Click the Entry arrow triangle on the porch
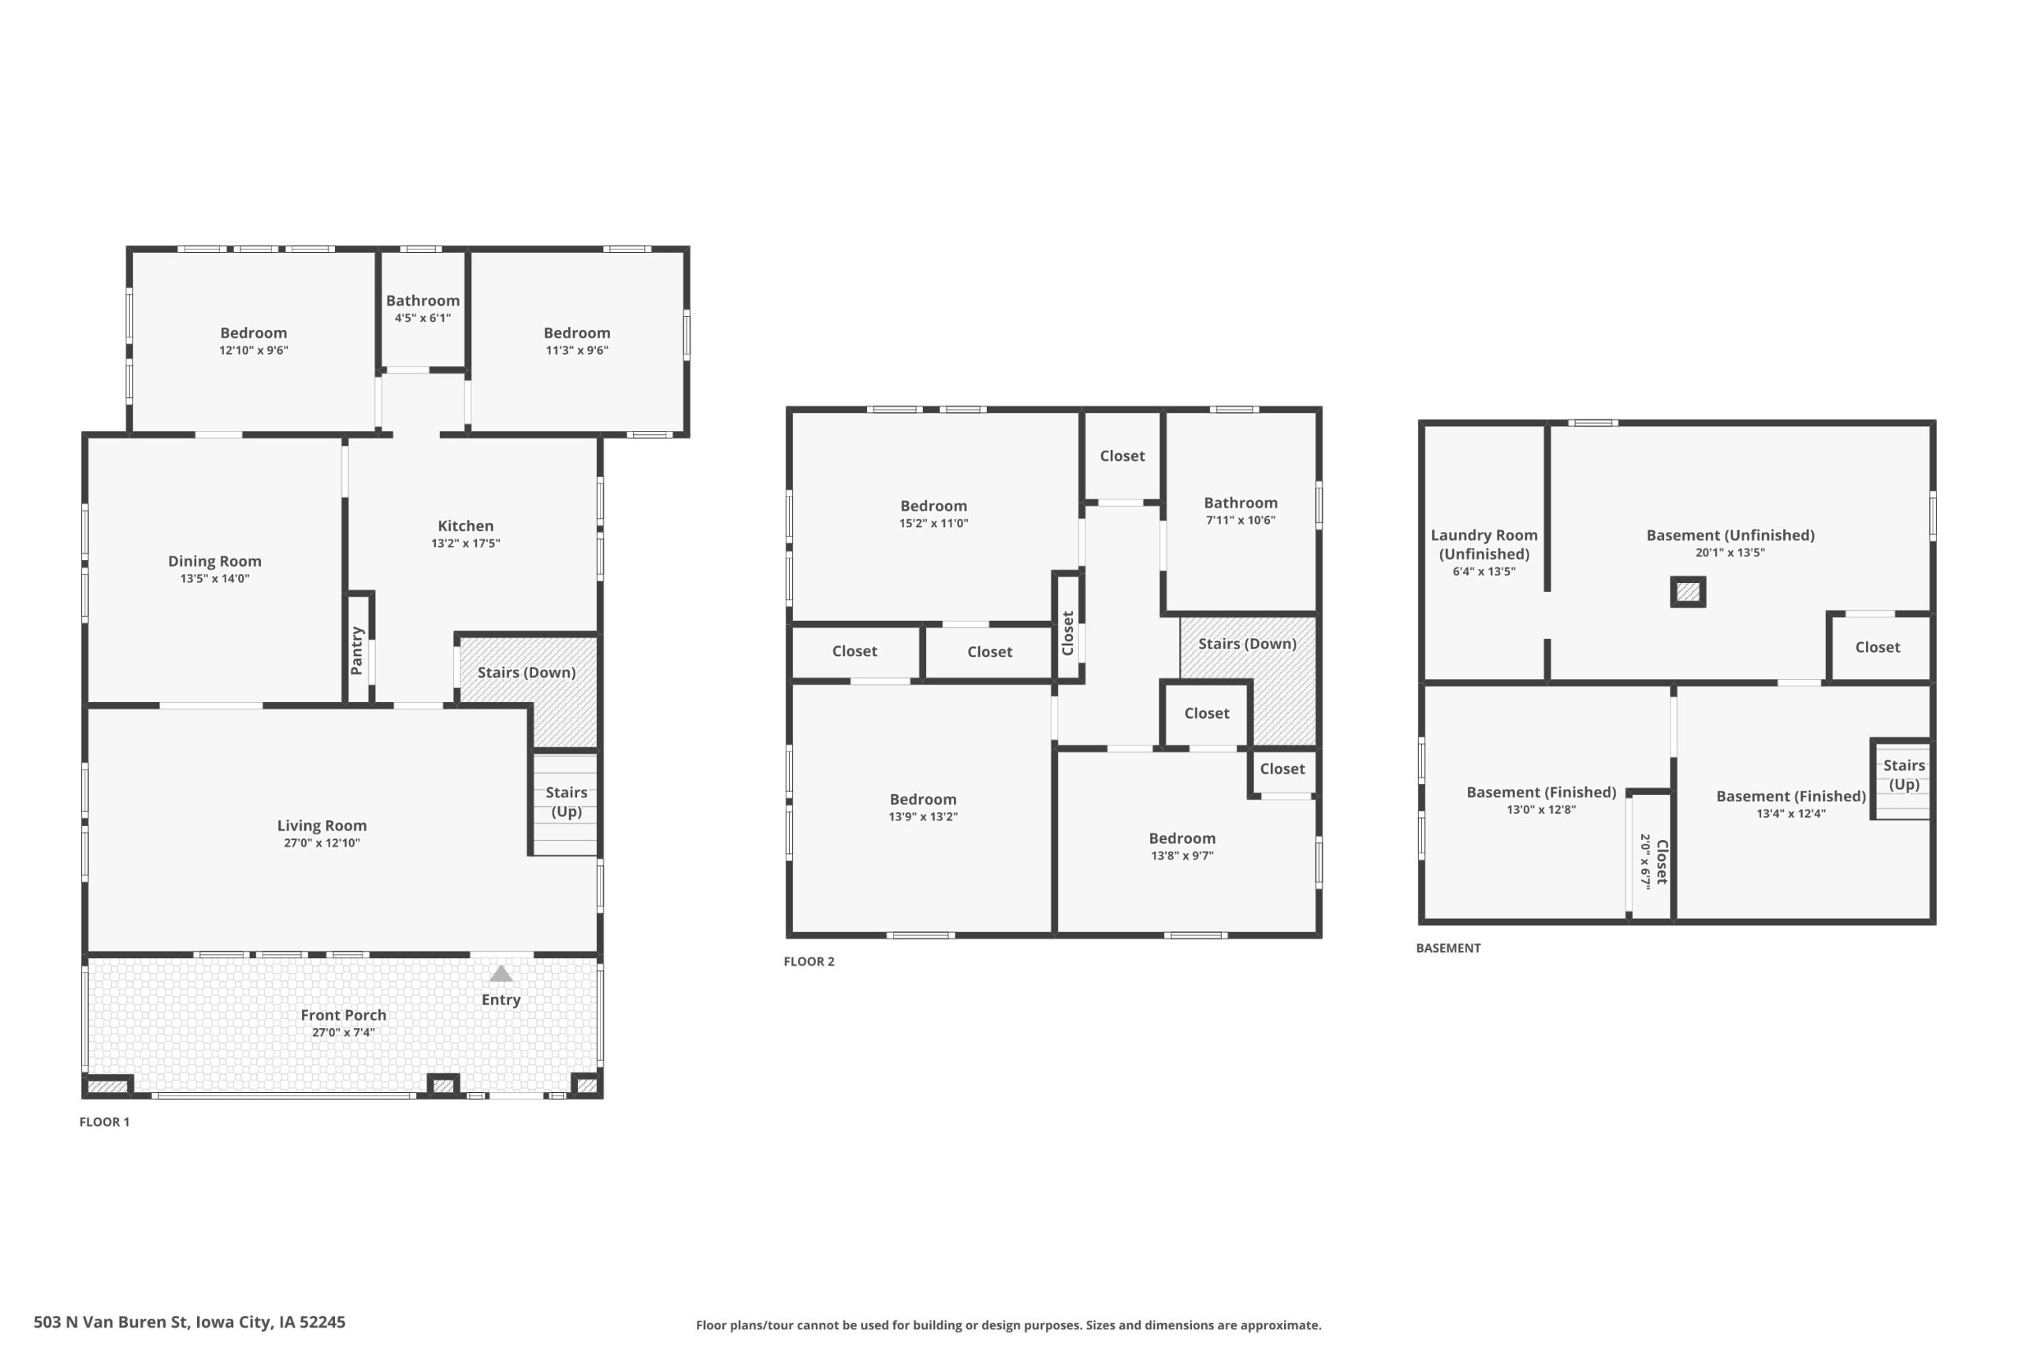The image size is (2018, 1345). [501, 974]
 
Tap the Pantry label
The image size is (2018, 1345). [358, 650]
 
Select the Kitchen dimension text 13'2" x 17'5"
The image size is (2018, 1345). [466, 543]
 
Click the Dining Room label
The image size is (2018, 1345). [214, 561]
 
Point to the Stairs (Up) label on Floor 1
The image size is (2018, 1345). [566, 802]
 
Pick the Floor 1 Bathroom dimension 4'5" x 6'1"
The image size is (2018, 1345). [423, 318]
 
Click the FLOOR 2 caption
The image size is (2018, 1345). [809, 961]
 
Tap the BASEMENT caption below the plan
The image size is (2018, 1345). [1448, 948]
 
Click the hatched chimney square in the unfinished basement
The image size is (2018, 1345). [1688, 592]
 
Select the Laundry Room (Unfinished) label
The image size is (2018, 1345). [1484, 544]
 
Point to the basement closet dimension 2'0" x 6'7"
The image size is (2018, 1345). [1646, 862]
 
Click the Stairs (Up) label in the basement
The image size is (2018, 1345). [1904, 775]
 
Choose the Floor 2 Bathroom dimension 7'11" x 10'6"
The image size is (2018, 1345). [1241, 520]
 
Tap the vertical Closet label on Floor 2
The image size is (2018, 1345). [1068, 633]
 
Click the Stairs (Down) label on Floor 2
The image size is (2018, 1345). [1248, 643]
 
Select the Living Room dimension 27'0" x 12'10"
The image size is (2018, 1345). [322, 843]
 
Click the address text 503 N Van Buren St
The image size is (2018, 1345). [110, 1322]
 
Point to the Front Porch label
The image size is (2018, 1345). [343, 1015]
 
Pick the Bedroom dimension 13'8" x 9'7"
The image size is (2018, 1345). [1182, 855]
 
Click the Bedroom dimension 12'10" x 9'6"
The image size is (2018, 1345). [254, 350]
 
